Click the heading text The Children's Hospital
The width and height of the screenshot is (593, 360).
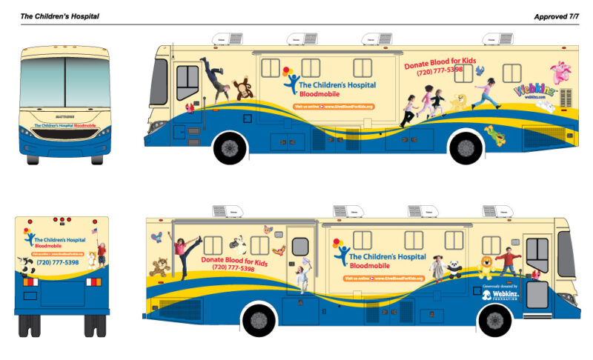click(59, 16)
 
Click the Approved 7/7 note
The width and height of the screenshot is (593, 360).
click(556, 16)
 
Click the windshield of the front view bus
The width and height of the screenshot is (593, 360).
click(65, 81)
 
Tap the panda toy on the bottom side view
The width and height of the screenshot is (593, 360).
click(454, 267)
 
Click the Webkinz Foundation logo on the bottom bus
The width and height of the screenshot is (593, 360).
click(502, 294)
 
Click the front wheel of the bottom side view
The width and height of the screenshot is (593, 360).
click(493, 320)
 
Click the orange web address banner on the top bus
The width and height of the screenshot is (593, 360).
click(334, 107)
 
